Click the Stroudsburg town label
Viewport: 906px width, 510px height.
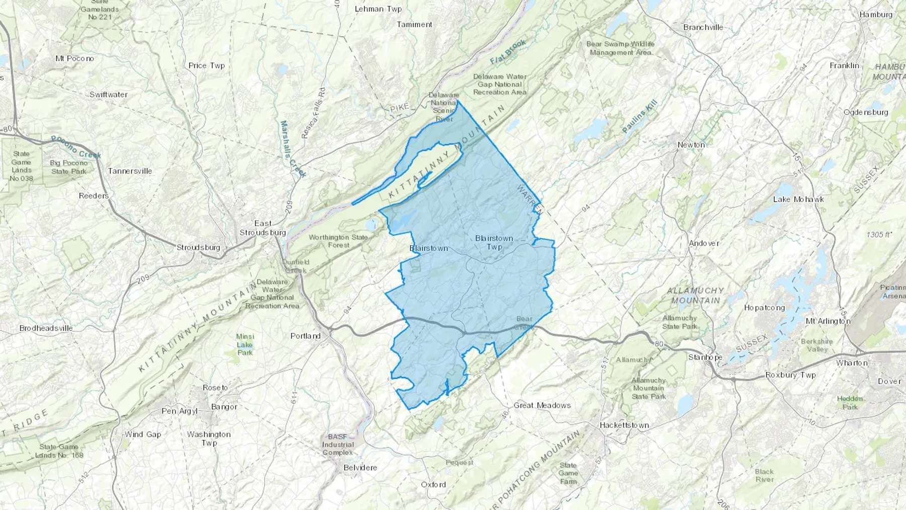coord(198,248)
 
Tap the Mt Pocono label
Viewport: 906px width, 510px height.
coord(74,58)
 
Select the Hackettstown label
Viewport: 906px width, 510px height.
coord(624,425)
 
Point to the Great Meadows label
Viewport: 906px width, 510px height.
coord(542,405)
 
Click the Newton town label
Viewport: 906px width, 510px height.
coord(691,145)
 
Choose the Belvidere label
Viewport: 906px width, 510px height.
coord(360,468)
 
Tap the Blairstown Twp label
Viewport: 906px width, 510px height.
coord(494,242)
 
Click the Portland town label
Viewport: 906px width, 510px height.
coord(306,336)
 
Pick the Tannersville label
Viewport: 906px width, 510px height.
coord(130,171)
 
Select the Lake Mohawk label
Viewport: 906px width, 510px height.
coord(798,199)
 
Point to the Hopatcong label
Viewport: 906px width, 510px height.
coord(764,308)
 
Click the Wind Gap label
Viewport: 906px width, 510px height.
coord(143,434)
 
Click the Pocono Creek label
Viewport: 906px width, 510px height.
coord(75,147)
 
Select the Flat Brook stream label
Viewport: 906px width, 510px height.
coord(508,52)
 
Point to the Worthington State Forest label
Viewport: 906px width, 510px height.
coord(338,241)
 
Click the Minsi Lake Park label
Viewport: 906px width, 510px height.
coord(245,344)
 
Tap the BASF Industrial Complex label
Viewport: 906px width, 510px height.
coord(338,445)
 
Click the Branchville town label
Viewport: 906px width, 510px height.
coord(703,28)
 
